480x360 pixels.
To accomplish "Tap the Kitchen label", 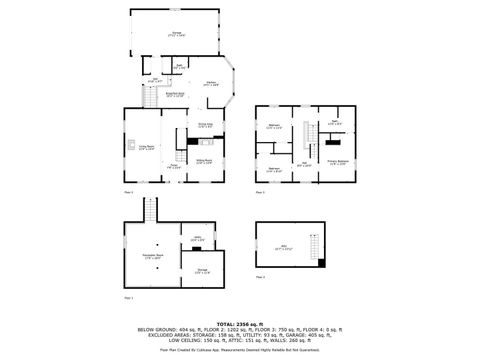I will (x=211, y=83).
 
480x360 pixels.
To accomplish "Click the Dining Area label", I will (x=203, y=126).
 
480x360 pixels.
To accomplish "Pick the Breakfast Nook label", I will (x=187, y=95).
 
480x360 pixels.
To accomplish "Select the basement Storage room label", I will (x=202, y=271).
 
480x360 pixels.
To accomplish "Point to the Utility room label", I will (x=197, y=239).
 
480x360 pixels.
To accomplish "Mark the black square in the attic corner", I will (x=322, y=262).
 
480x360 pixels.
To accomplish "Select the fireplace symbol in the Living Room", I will (x=129, y=146).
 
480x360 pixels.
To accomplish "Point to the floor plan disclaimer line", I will (x=240, y=351).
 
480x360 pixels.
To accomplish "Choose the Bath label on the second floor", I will (x=335, y=123).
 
